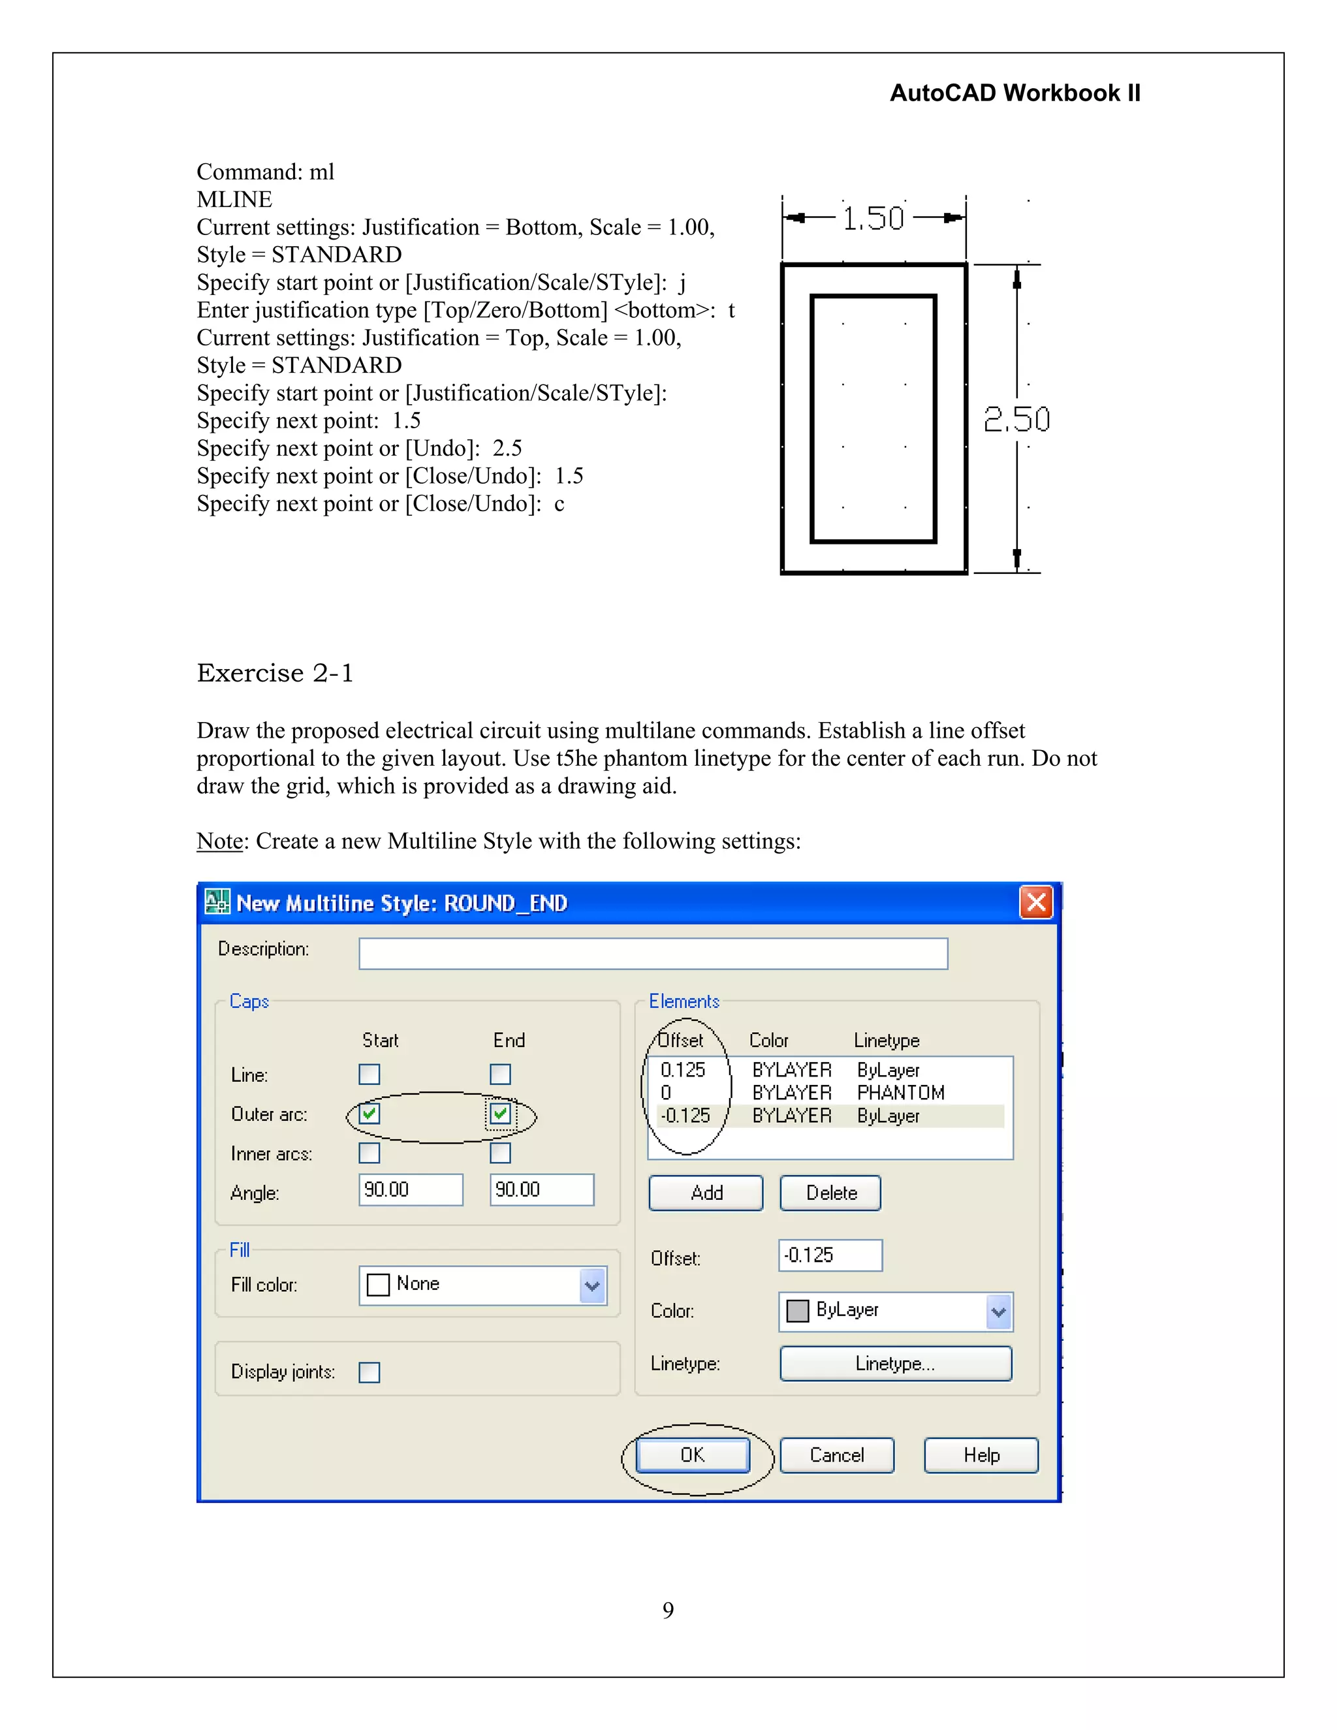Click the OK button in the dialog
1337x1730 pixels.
pos(692,1455)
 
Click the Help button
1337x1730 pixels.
pos(981,1455)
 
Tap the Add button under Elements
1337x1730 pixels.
pos(706,1193)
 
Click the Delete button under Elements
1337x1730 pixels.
pos(830,1193)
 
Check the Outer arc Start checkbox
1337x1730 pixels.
pos(369,1114)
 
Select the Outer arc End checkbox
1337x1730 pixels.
pos(500,1114)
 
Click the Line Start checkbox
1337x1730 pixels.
pos(369,1074)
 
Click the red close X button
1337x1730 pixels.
pos(1036,902)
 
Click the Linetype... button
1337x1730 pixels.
pos(895,1363)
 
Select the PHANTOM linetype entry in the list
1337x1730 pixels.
pos(900,1093)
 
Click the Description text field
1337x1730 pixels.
pos(653,954)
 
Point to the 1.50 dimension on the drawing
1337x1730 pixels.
pos(873,218)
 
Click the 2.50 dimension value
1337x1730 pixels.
pos(1016,419)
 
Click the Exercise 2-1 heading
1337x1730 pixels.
pos(275,672)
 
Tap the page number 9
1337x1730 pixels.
pos(668,1610)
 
